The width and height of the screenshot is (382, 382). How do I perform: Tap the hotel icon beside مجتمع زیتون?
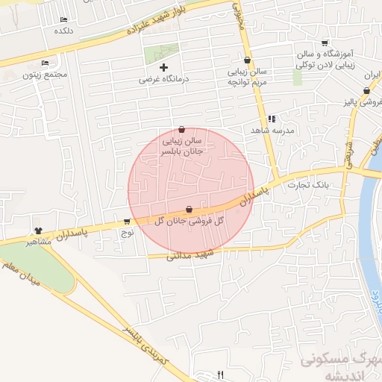point(46,63)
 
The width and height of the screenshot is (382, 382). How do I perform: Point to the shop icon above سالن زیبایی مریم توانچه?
point(247,60)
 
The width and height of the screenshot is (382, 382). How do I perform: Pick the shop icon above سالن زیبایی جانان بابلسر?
point(182,129)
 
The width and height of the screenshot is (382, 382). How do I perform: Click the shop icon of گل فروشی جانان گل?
point(189,210)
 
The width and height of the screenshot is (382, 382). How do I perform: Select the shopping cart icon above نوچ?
point(128,222)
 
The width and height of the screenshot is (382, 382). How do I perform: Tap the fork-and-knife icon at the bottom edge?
point(219,374)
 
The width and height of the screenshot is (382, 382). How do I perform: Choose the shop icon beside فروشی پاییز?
point(366,91)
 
